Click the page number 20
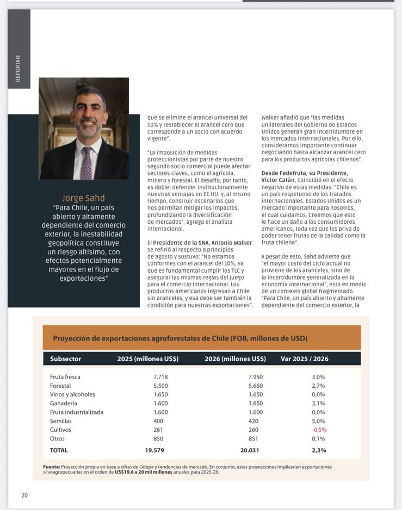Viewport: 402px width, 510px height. [x=24, y=495]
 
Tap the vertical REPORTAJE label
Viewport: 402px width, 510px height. [x=18, y=68]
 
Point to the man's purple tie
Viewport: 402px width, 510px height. [x=86, y=162]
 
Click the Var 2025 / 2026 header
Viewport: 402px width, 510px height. [x=304, y=358]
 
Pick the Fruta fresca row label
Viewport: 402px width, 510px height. [x=65, y=377]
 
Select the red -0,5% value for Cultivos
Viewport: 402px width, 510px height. [x=318, y=430]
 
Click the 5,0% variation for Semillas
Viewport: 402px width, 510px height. [x=318, y=421]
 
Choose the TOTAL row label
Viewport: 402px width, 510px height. [x=59, y=450]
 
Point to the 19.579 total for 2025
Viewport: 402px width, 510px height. [x=154, y=450]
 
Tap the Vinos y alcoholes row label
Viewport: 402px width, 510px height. [x=72, y=394]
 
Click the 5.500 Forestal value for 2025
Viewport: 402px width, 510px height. [x=154, y=386]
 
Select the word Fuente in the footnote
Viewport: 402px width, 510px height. [x=51, y=467]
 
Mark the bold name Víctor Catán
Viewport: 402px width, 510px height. [x=279, y=180]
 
